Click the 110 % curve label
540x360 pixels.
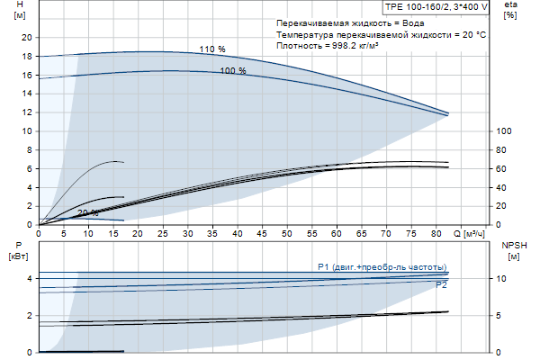pyautogui.click(x=212, y=49)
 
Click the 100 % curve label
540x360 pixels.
pyautogui.click(x=233, y=70)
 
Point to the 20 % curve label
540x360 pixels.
pyautogui.click(x=88, y=213)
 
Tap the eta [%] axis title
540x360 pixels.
pyautogui.click(x=511, y=10)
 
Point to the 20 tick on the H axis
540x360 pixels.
pyautogui.click(x=26, y=37)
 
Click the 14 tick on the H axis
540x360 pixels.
pyautogui.click(x=26, y=94)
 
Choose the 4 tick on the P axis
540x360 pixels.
pyautogui.click(x=30, y=279)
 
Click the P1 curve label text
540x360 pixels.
pyautogui.click(x=382, y=267)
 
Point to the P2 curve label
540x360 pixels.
pyautogui.click(x=441, y=284)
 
